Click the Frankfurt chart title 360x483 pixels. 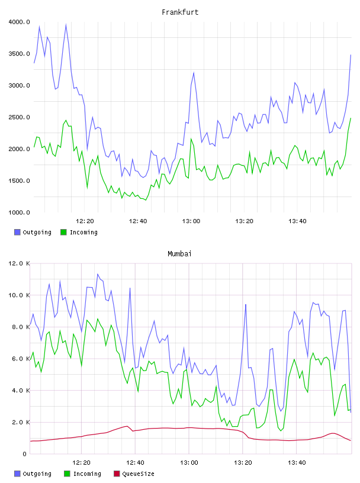[180, 12]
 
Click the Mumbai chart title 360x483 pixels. [179, 254]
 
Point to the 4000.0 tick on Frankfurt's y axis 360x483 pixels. [19, 22]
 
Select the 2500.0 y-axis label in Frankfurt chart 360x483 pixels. [19, 117]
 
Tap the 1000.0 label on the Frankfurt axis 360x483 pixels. [19, 212]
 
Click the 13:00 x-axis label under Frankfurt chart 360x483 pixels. [191, 221]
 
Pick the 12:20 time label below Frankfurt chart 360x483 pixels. [85, 221]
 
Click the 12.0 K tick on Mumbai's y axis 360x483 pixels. [19, 263]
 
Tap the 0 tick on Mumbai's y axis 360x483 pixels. [24, 454]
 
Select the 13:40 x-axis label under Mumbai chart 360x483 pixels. [297, 462]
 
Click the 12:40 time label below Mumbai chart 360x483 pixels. [136, 462]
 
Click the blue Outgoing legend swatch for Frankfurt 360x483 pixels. [17, 232]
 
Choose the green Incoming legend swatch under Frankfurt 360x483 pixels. [63, 232]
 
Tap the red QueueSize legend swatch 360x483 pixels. [117, 474]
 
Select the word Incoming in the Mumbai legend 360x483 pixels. [87, 474]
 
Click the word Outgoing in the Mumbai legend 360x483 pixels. [37, 474]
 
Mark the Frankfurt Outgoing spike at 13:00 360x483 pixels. [194, 73]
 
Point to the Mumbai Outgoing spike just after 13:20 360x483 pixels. [246, 304]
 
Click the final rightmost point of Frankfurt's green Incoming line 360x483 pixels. [351, 118]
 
